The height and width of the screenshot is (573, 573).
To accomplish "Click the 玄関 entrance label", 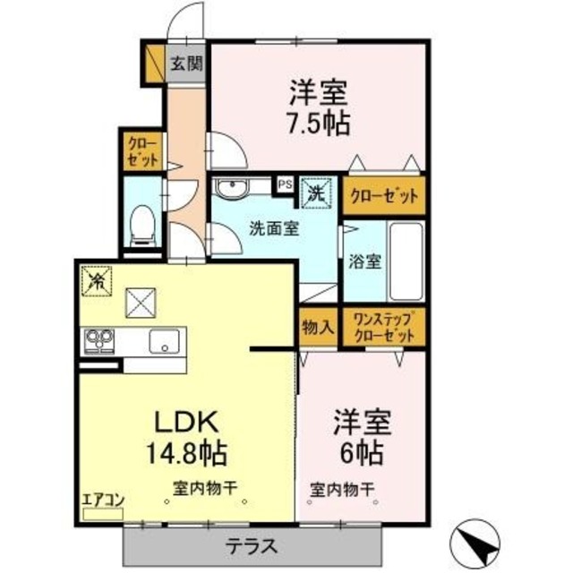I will (186, 64).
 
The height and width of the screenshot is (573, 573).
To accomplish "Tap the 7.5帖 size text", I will (318, 121).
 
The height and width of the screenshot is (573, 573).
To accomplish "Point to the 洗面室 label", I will (274, 227).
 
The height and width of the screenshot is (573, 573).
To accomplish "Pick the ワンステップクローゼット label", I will (384, 327).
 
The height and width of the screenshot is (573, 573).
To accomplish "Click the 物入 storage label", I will (317, 327).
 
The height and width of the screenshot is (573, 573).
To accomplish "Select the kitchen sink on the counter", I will (165, 340).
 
